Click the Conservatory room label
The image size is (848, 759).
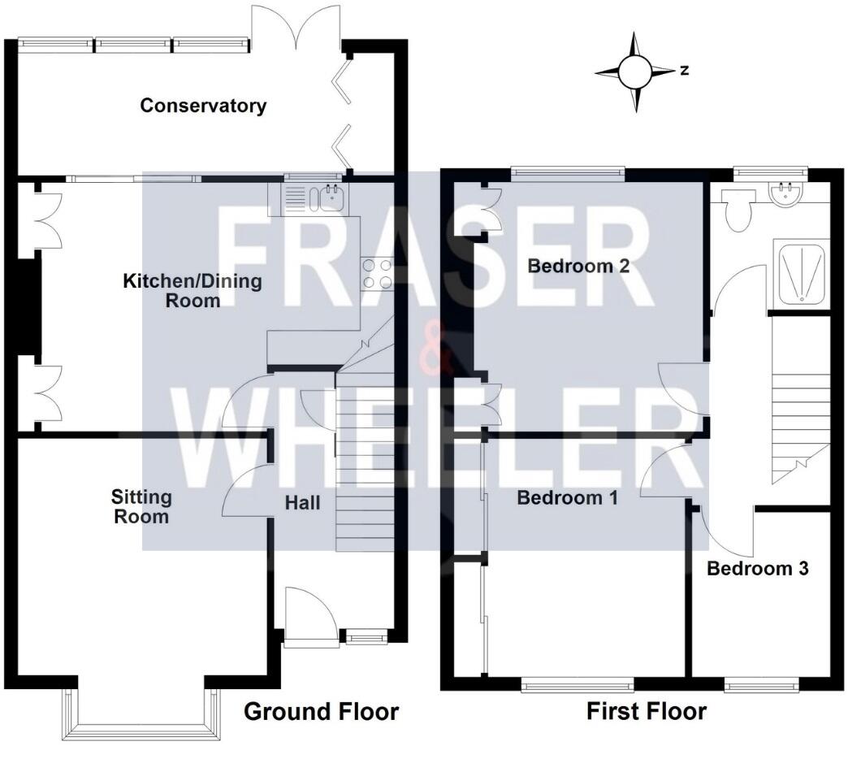point(203,106)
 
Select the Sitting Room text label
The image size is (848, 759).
point(141,506)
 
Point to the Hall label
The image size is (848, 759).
point(302,503)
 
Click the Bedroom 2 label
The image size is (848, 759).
point(578,266)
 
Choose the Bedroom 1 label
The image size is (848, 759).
point(568,497)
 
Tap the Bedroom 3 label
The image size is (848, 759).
point(757,568)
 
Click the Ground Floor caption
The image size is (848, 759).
point(322,712)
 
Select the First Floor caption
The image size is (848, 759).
point(647,712)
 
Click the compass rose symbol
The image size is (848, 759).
point(634,72)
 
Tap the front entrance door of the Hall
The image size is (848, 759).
point(312,618)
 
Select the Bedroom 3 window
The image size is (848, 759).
point(760,687)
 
